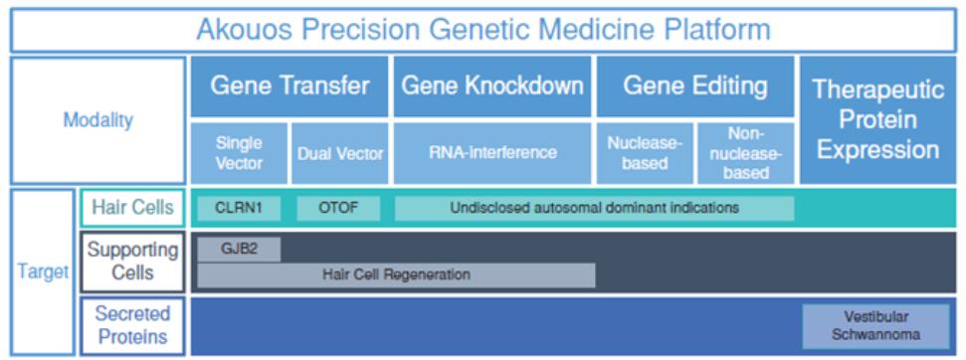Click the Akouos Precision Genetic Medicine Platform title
tap(483, 30)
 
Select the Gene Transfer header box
tap(290, 87)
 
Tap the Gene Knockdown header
tap(492, 87)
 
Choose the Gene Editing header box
tap(695, 87)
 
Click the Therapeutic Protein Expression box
tap(877, 120)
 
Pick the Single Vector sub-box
tap(239, 153)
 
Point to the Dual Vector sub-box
tap(340, 153)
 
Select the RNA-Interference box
tap(492, 153)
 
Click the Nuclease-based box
tap(645, 153)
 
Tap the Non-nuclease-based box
tap(745, 153)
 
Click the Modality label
tap(97, 120)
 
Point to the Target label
tap(43, 272)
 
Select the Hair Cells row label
tap(132, 208)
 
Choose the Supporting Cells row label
tap(132, 262)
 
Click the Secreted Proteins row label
tap(132, 326)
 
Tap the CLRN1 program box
tap(239, 209)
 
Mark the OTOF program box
tap(338, 209)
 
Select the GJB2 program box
tap(239, 250)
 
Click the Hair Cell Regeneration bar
tap(396, 275)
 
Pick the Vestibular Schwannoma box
tap(875, 326)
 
